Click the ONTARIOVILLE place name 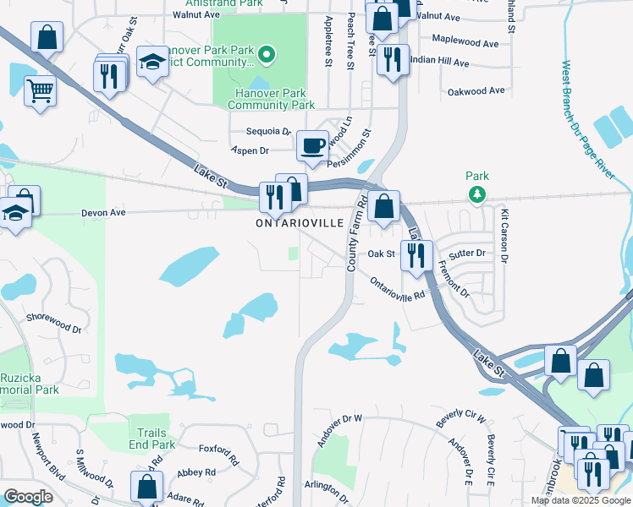tap(300, 223)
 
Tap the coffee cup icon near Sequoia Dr tap(312, 146)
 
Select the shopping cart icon tap(40, 90)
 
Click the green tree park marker tap(477, 194)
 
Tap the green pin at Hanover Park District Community tap(267, 57)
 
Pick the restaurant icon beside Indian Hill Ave tap(391, 58)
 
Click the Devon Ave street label tap(103, 213)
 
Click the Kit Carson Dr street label tap(504, 236)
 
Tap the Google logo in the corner tap(28, 497)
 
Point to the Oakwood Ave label tap(476, 90)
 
